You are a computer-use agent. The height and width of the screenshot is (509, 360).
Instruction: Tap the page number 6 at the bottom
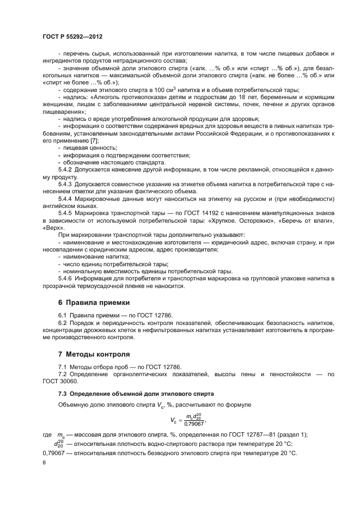[44, 462]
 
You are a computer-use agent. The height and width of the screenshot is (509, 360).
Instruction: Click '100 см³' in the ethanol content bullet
[155, 89]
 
